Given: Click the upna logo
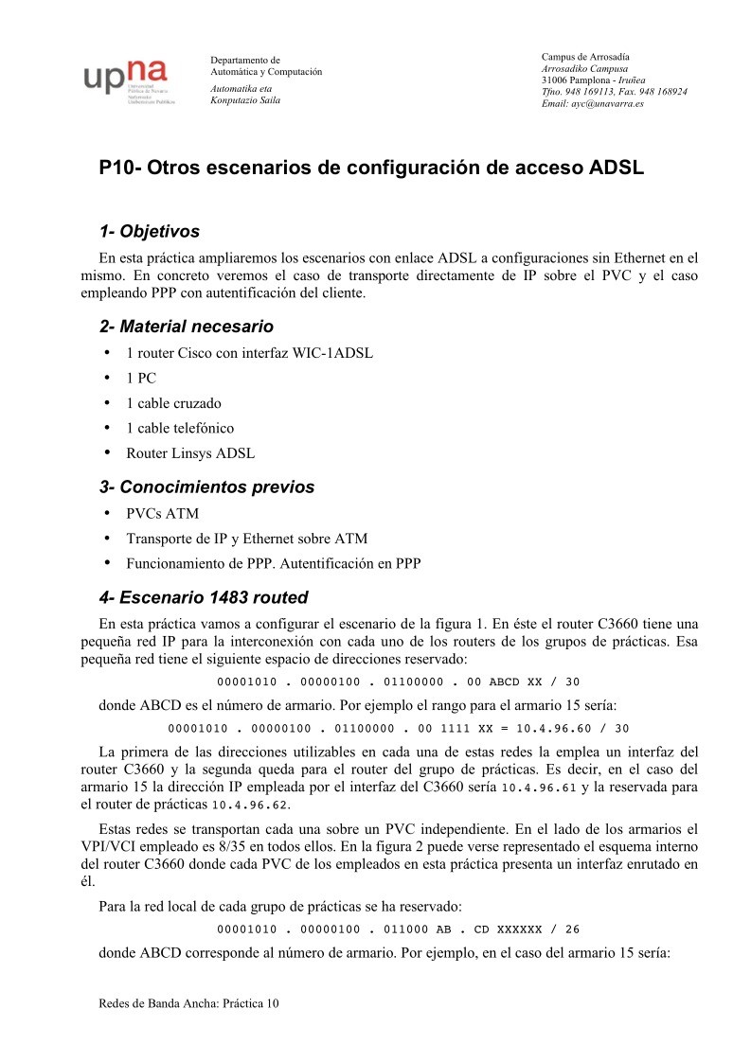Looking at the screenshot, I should click(125, 79).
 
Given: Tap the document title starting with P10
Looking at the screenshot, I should click(371, 169).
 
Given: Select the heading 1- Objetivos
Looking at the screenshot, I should click(150, 232).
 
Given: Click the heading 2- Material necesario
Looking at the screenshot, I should click(187, 327).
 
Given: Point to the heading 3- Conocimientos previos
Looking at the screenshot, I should click(206, 487).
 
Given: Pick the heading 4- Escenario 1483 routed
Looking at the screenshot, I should click(204, 597).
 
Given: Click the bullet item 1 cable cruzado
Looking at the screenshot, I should click(173, 403).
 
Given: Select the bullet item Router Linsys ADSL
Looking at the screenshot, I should click(190, 452).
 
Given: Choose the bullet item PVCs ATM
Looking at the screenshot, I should click(161, 514).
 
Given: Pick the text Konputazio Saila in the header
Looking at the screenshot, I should click(244, 99).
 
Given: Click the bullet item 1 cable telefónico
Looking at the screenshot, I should click(180, 428).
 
